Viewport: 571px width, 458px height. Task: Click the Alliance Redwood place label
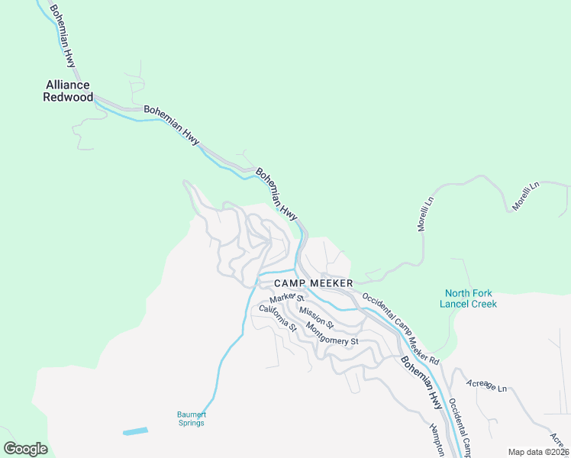(x=69, y=91)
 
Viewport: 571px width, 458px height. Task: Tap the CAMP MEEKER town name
(x=313, y=283)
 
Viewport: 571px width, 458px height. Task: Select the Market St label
(x=287, y=296)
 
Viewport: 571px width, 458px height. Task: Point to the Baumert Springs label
(x=192, y=419)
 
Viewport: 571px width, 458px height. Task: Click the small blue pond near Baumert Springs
(x=135, y=431)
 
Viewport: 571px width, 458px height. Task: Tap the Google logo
(x=25, y=449)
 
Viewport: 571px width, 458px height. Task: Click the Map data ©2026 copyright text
(x=537, y=452)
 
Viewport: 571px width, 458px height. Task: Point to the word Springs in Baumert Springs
(x=192, y=424)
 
